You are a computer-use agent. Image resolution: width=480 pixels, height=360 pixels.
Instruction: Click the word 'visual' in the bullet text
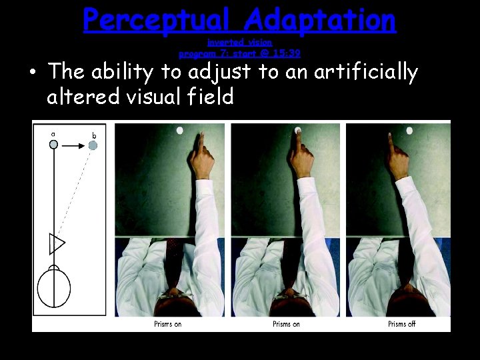click(157, 97)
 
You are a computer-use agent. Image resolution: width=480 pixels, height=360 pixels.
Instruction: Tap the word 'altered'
click(83, 97)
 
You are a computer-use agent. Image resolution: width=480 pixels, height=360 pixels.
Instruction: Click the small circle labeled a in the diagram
click(53, 143)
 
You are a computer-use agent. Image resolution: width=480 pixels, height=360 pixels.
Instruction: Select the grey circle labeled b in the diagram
click(93, 145)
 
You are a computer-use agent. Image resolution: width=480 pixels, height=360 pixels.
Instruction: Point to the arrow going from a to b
click(73, 143)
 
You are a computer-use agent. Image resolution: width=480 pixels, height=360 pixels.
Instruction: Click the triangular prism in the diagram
click(56, 244)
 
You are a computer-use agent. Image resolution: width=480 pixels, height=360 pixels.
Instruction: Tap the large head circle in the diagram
click(53, 288)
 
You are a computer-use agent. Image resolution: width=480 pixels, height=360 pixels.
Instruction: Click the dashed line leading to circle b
click(75, 193)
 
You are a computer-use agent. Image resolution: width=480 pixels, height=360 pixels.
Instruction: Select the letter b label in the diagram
click(94, 135)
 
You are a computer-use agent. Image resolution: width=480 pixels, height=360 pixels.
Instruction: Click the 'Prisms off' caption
click(401, 324)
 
